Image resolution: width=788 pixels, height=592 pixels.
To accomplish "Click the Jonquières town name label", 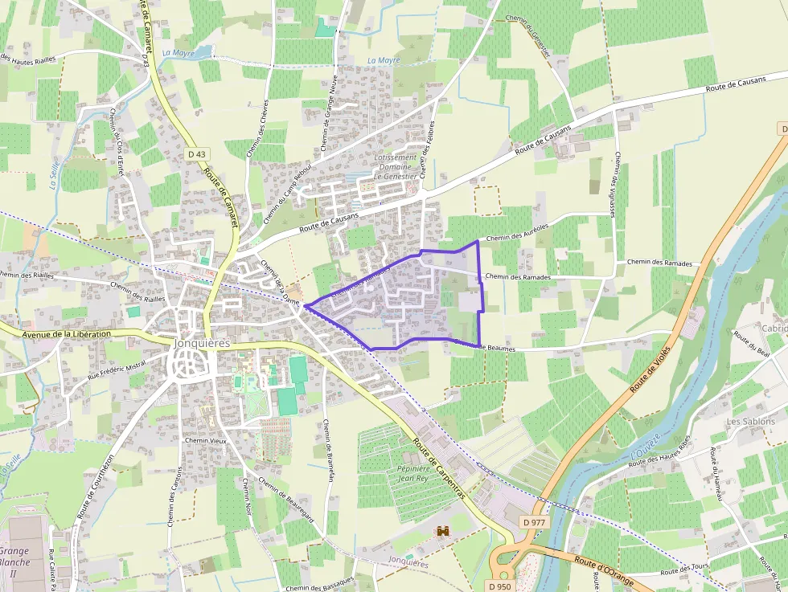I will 201,343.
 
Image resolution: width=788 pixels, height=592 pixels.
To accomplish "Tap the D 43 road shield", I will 196,154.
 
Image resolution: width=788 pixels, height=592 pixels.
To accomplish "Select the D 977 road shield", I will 534,522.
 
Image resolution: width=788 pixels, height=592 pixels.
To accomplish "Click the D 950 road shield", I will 499,586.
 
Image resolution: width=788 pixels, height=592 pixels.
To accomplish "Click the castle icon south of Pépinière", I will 442,531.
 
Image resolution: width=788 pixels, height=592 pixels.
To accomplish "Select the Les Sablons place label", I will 750,421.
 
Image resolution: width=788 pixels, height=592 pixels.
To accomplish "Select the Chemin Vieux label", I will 206,441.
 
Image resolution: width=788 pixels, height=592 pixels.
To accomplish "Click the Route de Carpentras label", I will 439,469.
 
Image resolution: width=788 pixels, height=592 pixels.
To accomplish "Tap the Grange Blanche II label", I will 14,557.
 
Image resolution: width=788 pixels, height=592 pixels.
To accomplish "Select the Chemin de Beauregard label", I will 286,499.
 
